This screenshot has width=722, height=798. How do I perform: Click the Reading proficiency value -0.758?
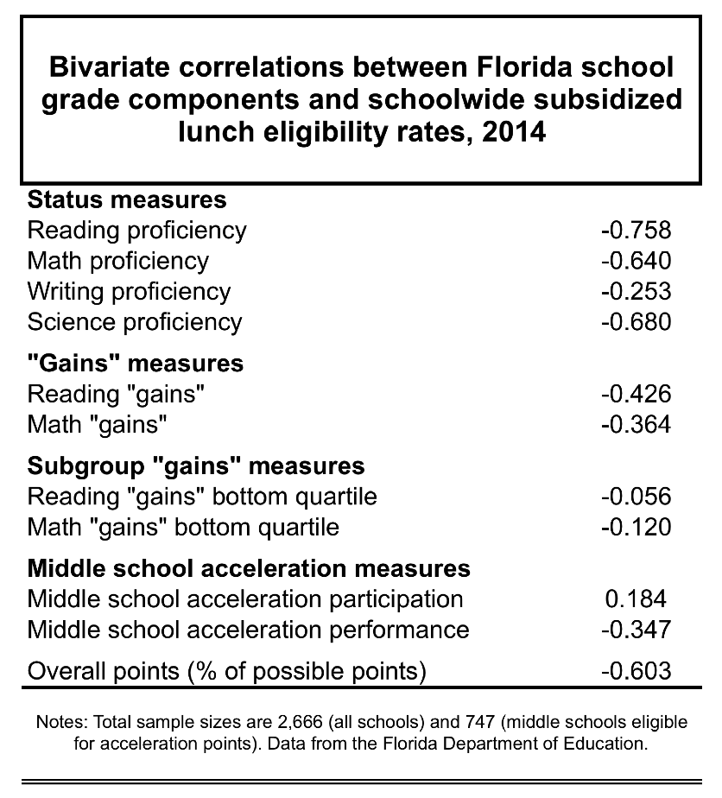coord(636,231)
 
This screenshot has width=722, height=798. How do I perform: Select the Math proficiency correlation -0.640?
coord(636,261)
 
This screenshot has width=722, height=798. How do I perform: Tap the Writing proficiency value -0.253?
coord(636,291)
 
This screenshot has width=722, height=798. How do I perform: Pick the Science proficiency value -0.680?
coord(636,322)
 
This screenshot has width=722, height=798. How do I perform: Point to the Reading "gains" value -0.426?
coord(636,395)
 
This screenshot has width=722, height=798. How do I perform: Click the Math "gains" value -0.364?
coord(636,425)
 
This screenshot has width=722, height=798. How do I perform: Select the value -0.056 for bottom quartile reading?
coord(636,497)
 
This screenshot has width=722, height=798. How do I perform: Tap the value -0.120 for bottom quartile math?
coord(636,527)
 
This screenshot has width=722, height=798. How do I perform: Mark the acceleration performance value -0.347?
coord(636,630)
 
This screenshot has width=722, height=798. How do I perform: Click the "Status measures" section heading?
coord(127,200)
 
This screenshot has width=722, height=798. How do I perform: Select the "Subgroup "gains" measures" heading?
coord(196,466)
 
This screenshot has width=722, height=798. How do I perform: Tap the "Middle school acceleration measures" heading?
coord(249,569)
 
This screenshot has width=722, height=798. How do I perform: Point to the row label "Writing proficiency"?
coord(129,292)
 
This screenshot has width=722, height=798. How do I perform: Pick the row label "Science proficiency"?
coord(135,322)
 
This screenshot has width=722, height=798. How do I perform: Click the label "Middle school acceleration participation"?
coord(245,599)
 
